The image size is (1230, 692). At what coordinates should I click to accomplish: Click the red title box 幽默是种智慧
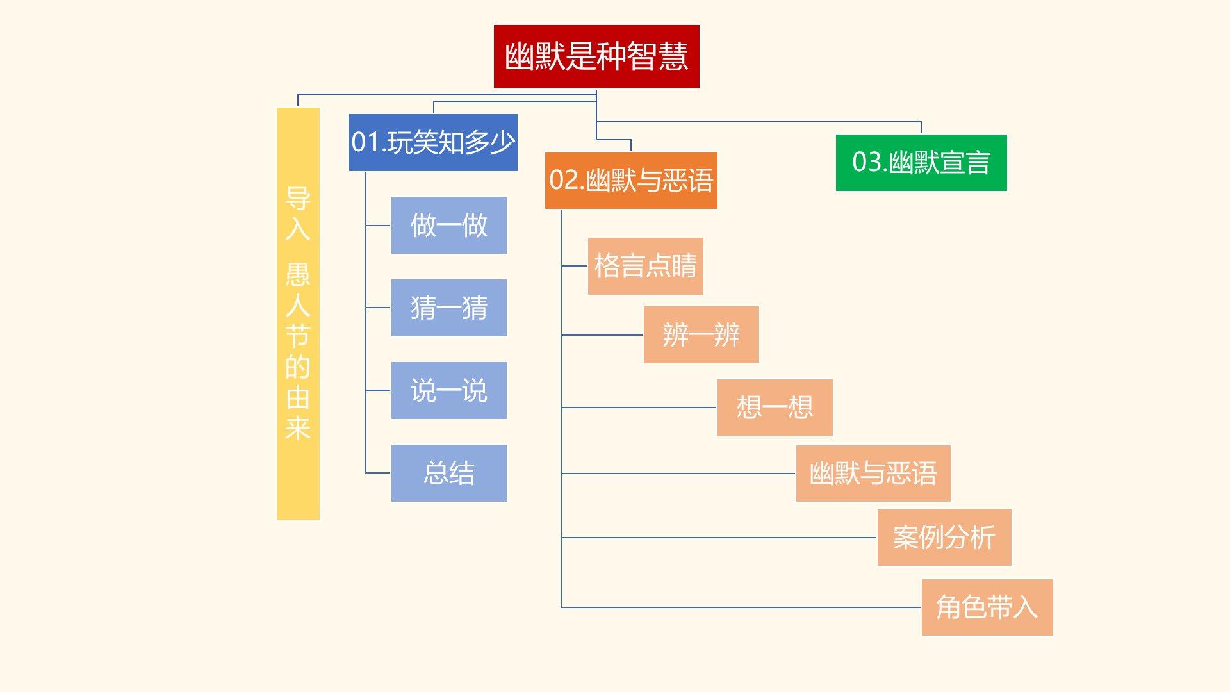pyautogui.click(x=596, y=56)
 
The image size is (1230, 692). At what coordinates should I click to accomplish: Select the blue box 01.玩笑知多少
pyautogui.click(x=432, y=142)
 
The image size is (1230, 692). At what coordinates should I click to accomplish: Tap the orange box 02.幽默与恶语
pyautogui.click(x=630, y=180)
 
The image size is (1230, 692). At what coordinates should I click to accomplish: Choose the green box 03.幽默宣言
pyautogui.click(x=921, y=162)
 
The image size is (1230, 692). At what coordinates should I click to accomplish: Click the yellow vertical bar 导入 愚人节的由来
pyautogui.click(x=298, y=313)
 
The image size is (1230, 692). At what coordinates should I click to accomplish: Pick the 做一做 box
pyautogui.click(x=448, y=225)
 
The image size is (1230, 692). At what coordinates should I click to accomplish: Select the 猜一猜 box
pyautogui.click(x=448, y=308)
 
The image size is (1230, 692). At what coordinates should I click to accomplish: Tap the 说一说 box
pyautogui.click(x=448, y=390)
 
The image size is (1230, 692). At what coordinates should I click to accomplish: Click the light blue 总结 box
pyautogui.click(x=448, y=473)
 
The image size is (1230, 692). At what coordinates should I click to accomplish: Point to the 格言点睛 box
pyautogui.click(x=645, y=266)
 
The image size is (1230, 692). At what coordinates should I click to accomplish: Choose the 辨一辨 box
pyautogui.click(x=701, y=334)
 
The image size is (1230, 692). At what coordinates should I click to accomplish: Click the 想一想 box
pyautogui.click(x=775, y=408)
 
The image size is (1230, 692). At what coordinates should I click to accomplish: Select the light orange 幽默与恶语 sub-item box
pyautogui.click(x=873, y=474)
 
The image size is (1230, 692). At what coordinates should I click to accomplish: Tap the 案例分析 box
pyautogui.click(x=944, y=537)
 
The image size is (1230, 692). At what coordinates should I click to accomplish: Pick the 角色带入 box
pyautogui.click(x=987, y=607)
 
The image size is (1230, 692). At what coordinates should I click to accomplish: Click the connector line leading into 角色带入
pyautogui.click(x=737, y=607)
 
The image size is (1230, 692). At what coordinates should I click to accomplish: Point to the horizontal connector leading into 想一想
pyautogui.click(x=641, y=408)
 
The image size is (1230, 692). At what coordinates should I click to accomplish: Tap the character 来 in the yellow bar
pyautogui.click(x=298, y=428)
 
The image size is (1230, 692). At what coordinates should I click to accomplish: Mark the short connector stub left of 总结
pyautogui.click(x=378, y=473)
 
